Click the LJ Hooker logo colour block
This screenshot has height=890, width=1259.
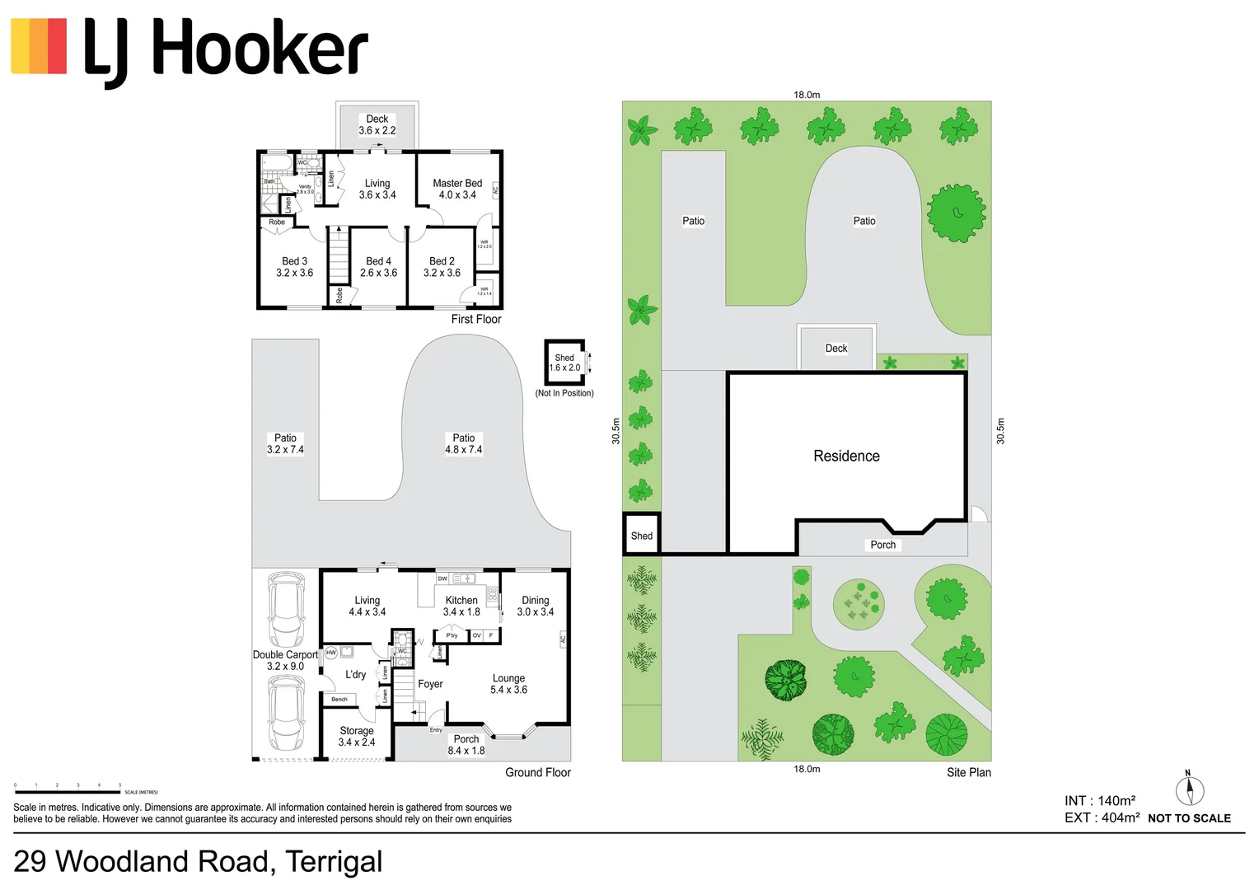[x=39, y=47]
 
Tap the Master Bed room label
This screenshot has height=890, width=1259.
[x=457, y=189]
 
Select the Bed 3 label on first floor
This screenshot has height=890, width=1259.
[x=294, y=267]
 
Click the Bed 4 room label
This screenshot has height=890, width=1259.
[x=378, y=267]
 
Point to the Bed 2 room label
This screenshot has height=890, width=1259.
[x=442, y=267]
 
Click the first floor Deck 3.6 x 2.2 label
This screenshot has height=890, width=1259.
[x=377, y=124]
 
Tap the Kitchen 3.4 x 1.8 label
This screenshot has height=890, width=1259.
[x=461, y=606]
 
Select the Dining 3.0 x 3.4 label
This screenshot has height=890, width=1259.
[x=535, y=606]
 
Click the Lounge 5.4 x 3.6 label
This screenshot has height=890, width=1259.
[x=508, y=684]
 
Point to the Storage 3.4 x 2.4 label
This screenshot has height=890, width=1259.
[x=356, y=736]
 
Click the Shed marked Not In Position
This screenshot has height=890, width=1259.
[x=564, y=363]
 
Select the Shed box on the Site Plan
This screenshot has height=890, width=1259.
[x=641, y=535]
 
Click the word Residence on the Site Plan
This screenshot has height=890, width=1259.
[x=846, y=456]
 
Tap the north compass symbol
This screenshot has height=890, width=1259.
[x=1189, y=789]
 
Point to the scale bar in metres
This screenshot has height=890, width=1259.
[x=68, y=791]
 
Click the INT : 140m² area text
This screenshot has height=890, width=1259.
[x=1099, y=800]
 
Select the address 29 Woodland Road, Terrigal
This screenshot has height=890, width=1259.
[x=198, y=861]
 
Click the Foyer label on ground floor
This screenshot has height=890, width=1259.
[x=430, y=684]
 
